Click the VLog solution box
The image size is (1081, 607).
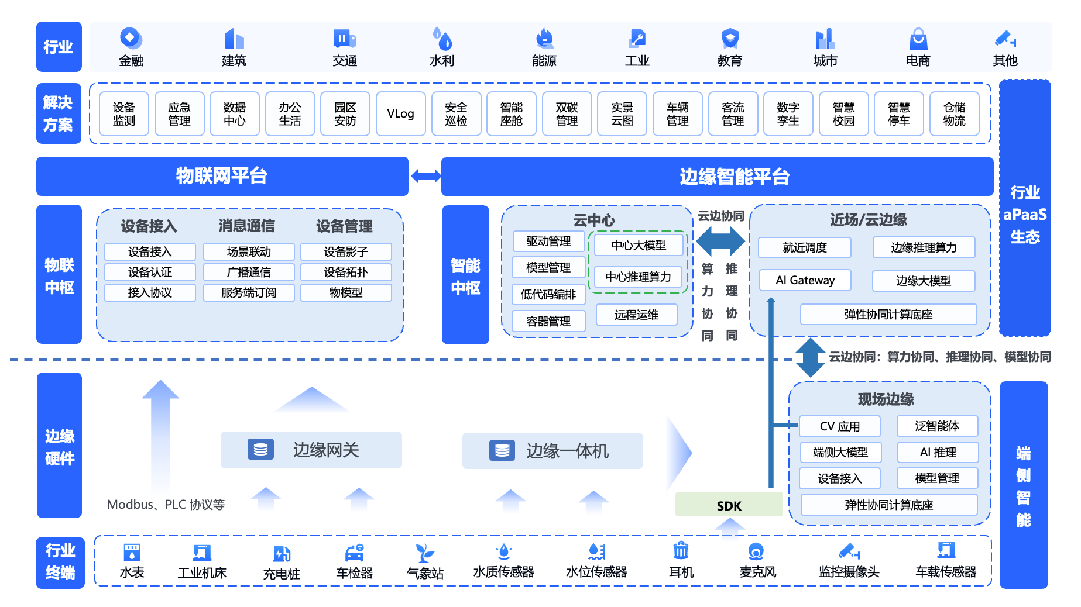click(x=400, y=114)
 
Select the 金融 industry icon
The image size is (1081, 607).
click(x=131, y=39)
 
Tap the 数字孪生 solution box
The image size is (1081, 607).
click(x=788, y=114)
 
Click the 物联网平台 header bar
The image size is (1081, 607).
click(x=222, y=176)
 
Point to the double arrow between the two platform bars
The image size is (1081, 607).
click(x=425, y=176)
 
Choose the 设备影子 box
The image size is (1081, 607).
click(x=346, y=252)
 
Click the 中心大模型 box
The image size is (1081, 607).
click(x=639, y=246)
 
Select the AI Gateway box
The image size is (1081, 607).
click(x=805, y=281)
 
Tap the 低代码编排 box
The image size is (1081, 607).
click(x=548, y=294)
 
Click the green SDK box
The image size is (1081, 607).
click(x=729, y=505)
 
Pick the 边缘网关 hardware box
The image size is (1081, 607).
click(x=311, y=450)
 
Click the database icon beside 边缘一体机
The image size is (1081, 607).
click(x=502, y=451)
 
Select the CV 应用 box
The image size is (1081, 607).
click(x=839, y=426)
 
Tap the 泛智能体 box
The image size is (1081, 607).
click(x=936, y=426)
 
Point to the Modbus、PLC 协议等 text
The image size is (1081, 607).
click(x=166, y=505)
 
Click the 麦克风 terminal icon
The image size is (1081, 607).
click(x=756, y=552)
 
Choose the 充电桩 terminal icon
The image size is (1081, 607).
click(x=282, y=553)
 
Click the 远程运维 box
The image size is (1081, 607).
click(x=636, y=315)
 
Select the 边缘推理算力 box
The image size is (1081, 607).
click(x=924, y=248)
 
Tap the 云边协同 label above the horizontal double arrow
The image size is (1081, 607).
click(x=720, y=216)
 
